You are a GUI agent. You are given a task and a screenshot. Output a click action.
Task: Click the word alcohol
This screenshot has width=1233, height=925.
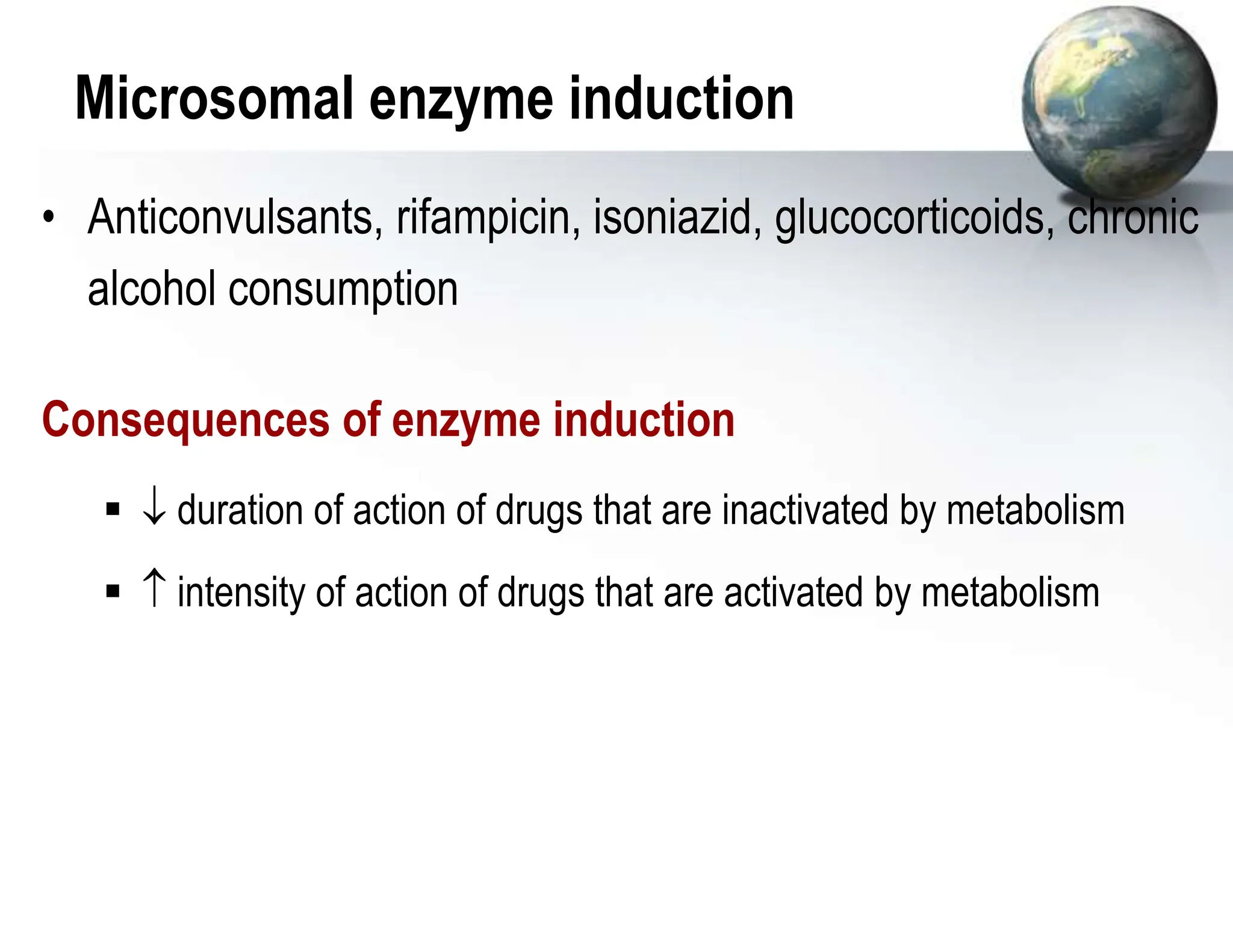click(152, 288)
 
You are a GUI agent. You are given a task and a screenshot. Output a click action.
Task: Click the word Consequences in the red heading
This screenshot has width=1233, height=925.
click(185, 420)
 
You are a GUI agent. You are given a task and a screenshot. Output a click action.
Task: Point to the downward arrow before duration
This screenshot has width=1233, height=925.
click(154, 509)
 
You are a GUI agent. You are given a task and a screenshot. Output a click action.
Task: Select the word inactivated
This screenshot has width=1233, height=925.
click(805, 511)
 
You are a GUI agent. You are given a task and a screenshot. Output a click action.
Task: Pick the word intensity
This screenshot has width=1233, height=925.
click(242, 593)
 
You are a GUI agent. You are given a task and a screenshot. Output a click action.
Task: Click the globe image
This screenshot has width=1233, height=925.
click(1118, 102)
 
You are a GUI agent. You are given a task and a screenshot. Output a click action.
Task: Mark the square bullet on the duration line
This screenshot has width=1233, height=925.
click(113, 510)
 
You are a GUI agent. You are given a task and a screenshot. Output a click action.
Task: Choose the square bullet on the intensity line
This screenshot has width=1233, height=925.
click(113, 591)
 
